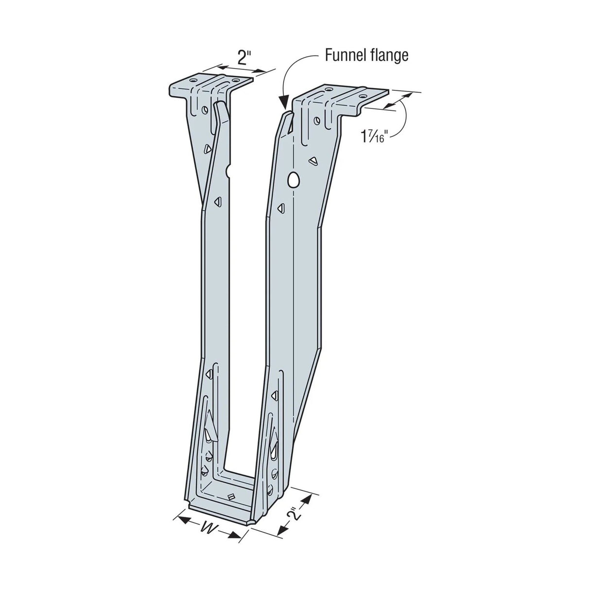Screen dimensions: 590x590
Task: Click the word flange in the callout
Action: (389, 55)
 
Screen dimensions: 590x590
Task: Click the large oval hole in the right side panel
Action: (293, 179)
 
